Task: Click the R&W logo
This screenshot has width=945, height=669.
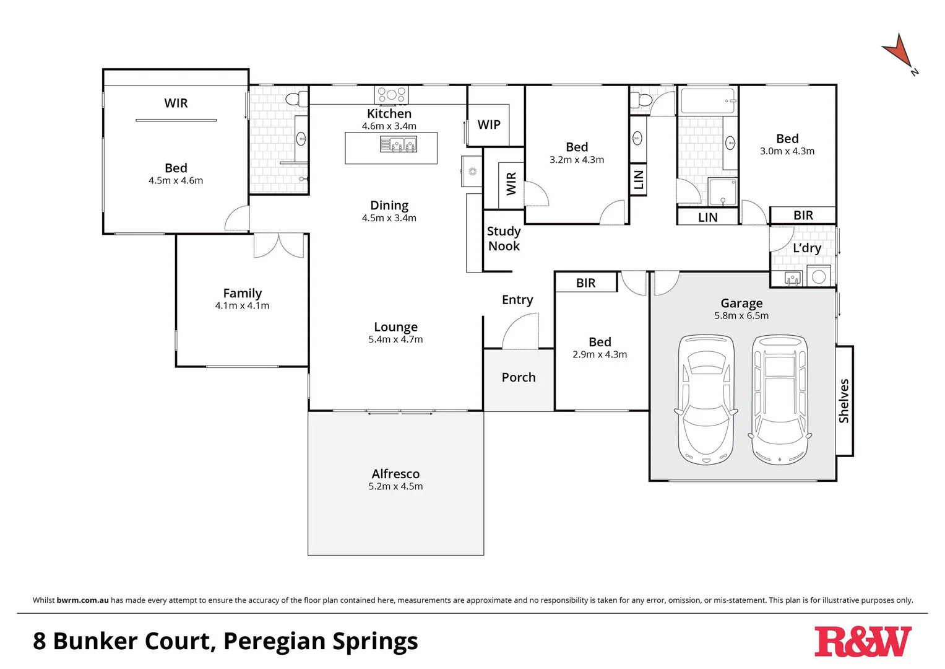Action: pos(862,642)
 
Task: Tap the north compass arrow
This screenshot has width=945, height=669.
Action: pos(898,52)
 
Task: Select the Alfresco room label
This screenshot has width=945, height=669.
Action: pos(395,474)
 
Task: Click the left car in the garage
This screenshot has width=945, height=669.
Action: pos(706,400)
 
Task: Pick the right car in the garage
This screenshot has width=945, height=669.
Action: pos(780,400)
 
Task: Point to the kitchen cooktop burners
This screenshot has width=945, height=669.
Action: pos(391,95)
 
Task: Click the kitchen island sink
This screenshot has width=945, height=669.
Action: pos(399,145)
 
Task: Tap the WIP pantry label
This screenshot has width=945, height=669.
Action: pos(489,125)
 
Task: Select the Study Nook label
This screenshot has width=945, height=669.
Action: pos(504,238)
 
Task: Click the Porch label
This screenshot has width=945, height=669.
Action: pos(519,377)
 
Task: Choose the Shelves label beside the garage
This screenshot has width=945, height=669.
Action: pos(844,401)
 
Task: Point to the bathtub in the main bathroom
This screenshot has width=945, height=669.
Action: pos(708,100)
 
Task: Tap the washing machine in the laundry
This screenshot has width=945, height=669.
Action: pos(819,276)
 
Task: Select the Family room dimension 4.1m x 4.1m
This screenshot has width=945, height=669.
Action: pos(242,306)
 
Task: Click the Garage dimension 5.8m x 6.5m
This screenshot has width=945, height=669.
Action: pos(741,316)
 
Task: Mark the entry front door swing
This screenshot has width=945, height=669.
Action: pos(520,331)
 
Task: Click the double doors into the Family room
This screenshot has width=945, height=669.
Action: pos(278,245)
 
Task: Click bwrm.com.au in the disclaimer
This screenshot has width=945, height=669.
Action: pos(82,600)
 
